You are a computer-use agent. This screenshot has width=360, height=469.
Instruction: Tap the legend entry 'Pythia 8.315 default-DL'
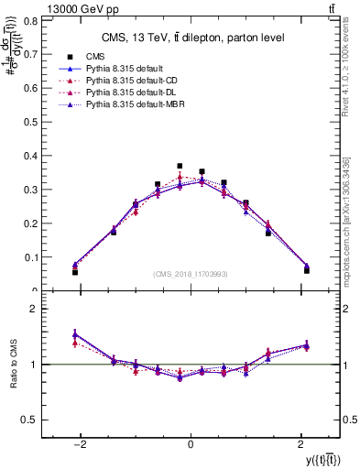pos(122,93)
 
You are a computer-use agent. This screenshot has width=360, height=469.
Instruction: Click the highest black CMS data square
pos(180,140)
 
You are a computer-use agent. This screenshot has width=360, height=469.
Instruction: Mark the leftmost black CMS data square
pos(75,272)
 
